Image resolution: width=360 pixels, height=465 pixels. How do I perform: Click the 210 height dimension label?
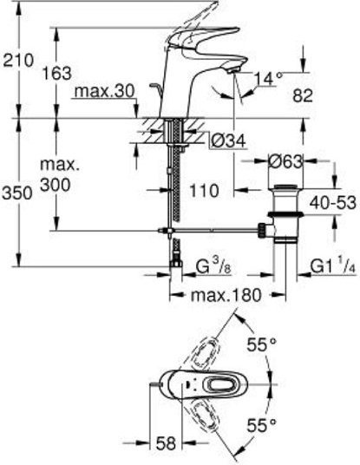click(x=18, y=61)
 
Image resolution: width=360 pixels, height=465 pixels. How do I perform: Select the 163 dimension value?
click(x=56, y=73)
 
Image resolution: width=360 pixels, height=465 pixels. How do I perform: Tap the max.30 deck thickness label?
click(x=104, y=91)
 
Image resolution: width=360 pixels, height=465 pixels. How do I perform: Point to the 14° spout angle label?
click(x=268, y=79)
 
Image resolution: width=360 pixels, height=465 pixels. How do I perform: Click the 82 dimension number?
click(x=303, y=95)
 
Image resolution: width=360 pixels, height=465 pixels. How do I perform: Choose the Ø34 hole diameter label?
click(x=229, y=141)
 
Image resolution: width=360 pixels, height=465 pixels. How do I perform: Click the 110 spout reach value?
click(x=204, y=191)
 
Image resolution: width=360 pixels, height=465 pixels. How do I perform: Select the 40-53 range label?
click(x=332, y=203)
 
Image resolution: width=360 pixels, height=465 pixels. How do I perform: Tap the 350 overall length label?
click(x=16, y=193)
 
